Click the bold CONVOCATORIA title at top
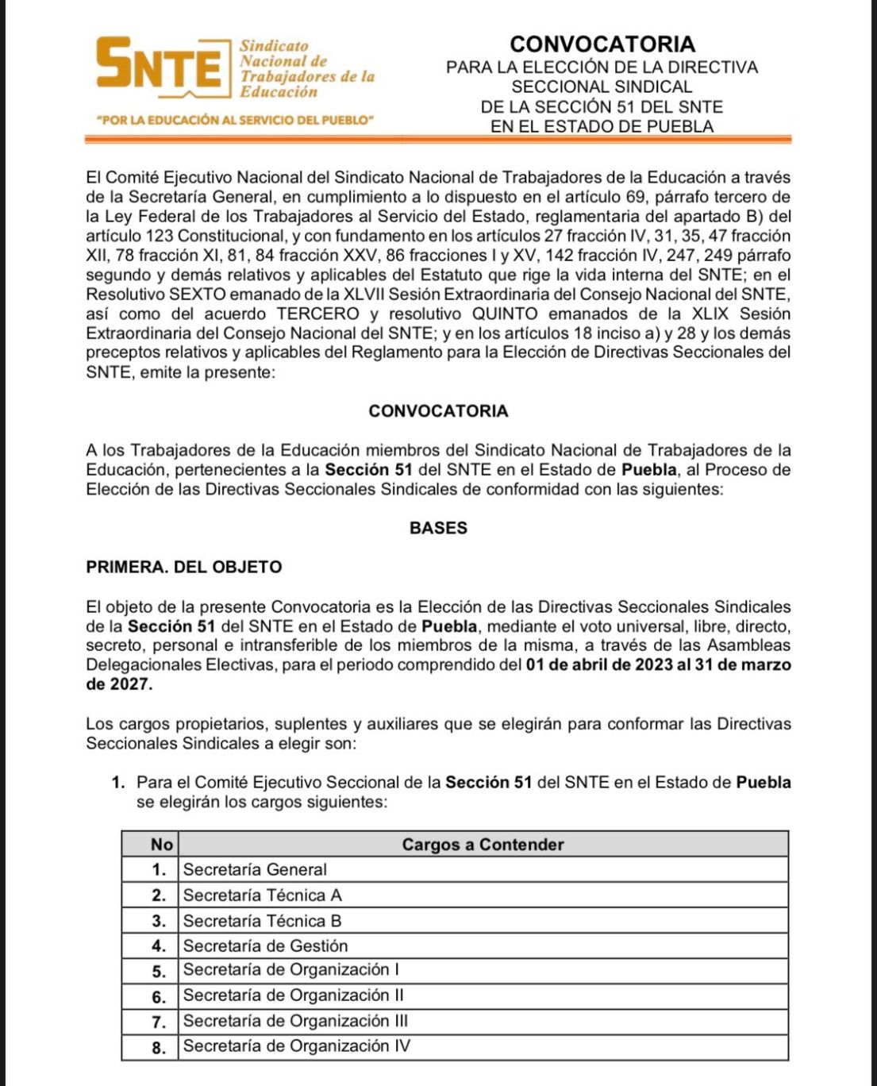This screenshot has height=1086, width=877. [x=602, y=44]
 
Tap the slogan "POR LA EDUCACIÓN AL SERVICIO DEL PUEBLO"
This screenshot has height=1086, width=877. [x=234, y=121]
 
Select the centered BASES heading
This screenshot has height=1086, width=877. [x=438, y=528]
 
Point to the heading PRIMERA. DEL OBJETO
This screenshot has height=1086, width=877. [x=184, y=568]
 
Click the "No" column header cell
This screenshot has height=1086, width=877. [x=161, y=845]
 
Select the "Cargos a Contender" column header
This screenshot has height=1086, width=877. [x=483, y=845]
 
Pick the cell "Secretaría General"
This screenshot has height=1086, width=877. [x=255, y=870]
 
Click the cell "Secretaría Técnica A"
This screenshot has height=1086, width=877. [x=263, y=895]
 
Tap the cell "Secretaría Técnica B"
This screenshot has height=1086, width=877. [x=263, y=922]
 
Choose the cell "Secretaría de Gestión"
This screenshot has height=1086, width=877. [x=266, y=946]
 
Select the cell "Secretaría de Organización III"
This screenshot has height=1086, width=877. [x=295, y=1022]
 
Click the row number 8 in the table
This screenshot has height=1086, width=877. [x=160, y=1048]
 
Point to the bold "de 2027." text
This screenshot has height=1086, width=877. [x=119, y=684]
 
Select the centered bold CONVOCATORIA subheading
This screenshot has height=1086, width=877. [x=438, y=411]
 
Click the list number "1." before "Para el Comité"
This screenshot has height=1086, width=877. [x=119, y=783]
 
